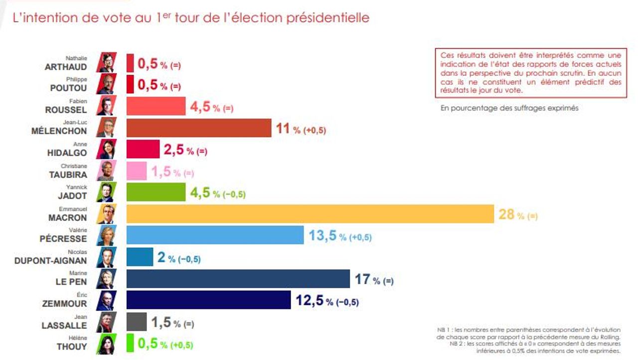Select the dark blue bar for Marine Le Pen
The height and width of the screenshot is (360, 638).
pyautogui.click(x=238, y=279)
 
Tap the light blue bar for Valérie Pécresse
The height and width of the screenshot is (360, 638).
pyautogui.click(x=215, y=235)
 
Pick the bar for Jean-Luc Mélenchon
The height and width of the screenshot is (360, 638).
pyautogui.click(x=199, y=128)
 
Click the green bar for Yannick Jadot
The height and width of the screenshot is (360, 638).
pyautogui.click(x=156, y=192)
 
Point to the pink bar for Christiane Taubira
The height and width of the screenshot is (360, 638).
pyautogui.click(x=137, y=171)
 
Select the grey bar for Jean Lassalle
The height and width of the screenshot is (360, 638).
pyautogui.click(x=137, y=322)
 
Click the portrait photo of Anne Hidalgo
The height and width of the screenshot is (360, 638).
pyautogui.click(x=107, y=149)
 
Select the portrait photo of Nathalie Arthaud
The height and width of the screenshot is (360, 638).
pyautogui.click(x=107, y=62)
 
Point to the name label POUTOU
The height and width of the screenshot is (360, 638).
pyautogui.click(x=68, y=88)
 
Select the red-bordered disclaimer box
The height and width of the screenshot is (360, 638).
pyautogui.click(x=531, y=73)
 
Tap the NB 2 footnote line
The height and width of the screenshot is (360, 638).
pyautogui.click(x=535, y=347)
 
